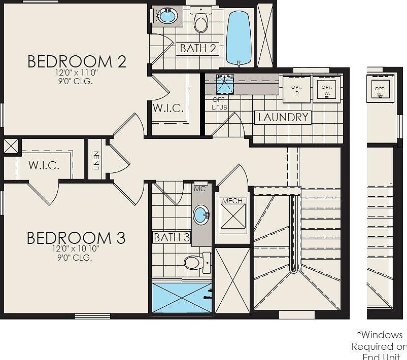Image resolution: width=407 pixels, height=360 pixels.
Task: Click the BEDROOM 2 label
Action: pyautogui.click(x=76, y=61)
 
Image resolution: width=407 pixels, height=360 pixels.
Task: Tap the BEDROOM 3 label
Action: pyautogui.click(x=76, y=237)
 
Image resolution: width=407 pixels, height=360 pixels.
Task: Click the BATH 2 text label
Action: pyautogui.click(x=198, y=49)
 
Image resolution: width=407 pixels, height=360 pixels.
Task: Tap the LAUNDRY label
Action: pyautogui.click(x=283, y=118)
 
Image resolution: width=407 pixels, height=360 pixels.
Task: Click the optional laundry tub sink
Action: pyautogui.click(x=224, y=84)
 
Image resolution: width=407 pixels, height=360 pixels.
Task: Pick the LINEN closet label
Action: pyautogui.click(x=96, y=160)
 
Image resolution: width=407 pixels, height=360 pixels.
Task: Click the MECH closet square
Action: pyautogui.click(x=233, y=215)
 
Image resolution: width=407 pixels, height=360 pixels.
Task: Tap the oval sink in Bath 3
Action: pyautogui.click(x=202, y=214)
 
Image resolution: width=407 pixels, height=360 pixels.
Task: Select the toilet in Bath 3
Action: pyautogui.click(x=195, y=262)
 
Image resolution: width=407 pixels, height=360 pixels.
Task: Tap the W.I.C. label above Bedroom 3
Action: pyautogui.click(x=44, y=165)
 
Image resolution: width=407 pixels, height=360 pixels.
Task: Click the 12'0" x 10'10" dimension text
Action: pyautogui.click(x=76, y=249)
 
